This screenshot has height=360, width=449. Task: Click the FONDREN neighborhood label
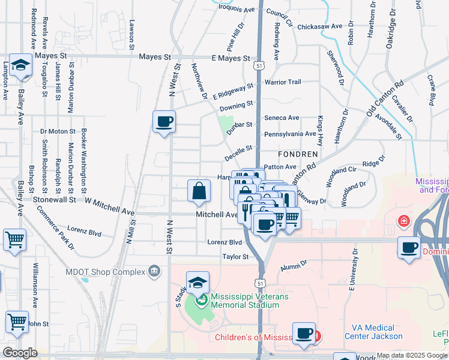(298, 153)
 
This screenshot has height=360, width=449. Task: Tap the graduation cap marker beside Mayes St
(21, 66)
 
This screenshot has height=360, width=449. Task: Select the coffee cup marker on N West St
(164, 122)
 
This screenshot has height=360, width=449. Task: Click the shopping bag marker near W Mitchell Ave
(199, 191)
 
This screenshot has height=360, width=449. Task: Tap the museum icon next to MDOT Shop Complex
(155, 272)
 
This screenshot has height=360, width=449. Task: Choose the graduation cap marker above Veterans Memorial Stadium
(197, 282)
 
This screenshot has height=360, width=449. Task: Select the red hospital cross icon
(403, 221)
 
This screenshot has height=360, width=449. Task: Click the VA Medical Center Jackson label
(372, 332)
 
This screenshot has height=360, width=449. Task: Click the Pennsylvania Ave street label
(289, 134)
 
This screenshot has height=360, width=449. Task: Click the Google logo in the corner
(20, 353)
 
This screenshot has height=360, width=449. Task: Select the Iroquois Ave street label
(237, 9)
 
